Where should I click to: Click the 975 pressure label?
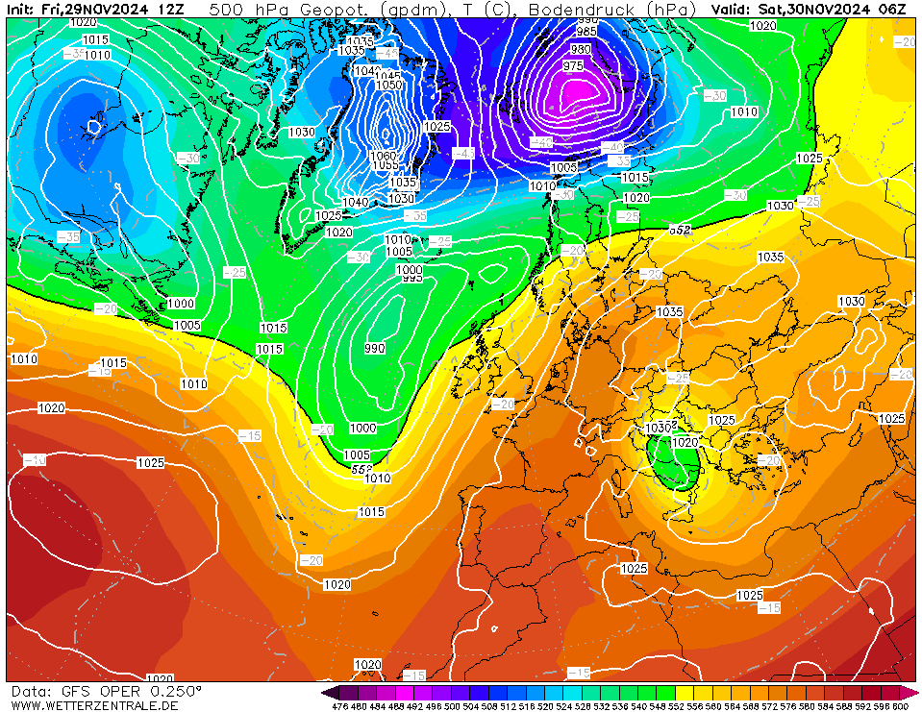point(573,65)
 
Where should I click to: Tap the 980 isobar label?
point(581,49)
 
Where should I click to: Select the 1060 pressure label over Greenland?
point(383,156)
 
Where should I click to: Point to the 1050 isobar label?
point(388,85)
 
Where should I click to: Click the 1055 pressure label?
point(386,165)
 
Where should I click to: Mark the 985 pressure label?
point(586,32)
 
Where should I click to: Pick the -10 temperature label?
point(35,460)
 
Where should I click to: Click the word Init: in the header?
point(21,9)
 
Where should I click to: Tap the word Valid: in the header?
point(732,9)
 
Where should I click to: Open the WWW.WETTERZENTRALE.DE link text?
point(94,705)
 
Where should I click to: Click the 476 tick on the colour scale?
point(339,706)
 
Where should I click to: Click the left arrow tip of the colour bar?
point(326,692)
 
